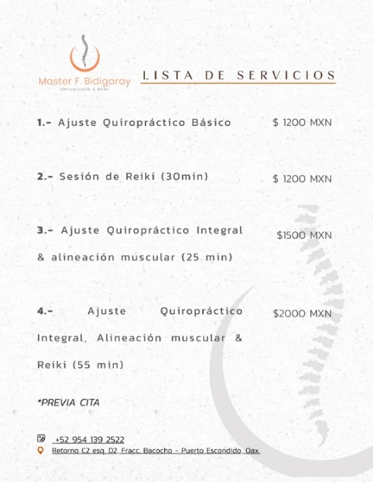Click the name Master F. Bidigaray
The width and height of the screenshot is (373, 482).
(x=84, y=81)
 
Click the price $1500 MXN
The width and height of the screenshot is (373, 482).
(x=304, y=235)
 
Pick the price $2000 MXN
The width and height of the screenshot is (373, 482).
(x=302, y=313)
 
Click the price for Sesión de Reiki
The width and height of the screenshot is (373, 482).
(x=302, y=179)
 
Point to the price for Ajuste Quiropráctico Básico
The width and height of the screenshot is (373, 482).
(x=302, y=123)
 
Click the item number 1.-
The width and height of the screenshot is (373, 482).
(x=45, y=123)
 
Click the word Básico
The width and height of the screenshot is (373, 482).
(x=210, y=123)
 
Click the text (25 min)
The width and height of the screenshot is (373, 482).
(x=207, y=258)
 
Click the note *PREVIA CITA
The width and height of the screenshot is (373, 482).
(x=68, y=403)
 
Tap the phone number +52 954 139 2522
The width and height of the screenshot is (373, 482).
(x=88, y=440)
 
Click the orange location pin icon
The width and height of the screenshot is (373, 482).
(x=41, y=450)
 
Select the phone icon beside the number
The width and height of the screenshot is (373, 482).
(x=41, y=439)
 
